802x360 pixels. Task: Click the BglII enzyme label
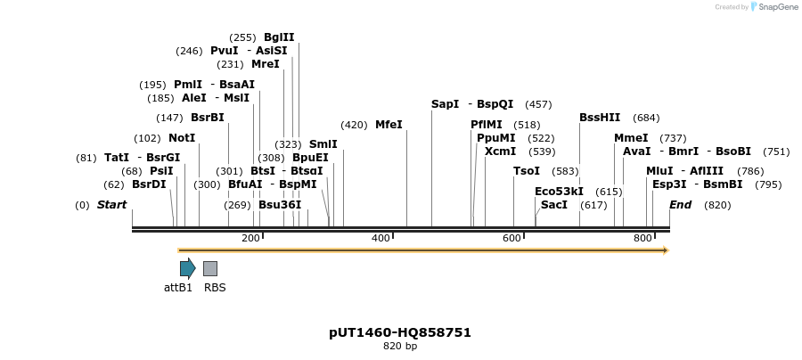click(279, 37)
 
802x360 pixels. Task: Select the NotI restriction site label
click(182, 138)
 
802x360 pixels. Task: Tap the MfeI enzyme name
click(389, 125)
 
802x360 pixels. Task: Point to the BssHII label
click(600, 118)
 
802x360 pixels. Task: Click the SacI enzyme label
click(554, 205)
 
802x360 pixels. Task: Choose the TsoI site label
click(527, 171)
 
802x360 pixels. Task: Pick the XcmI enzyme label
click(500, 151)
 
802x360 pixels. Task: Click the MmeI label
click(631, 138)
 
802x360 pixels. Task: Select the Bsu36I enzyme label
click(280, 205)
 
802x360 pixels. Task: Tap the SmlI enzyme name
click(323, 144)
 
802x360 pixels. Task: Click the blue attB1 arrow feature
click(187, 268)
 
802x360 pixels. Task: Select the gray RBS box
click(210, 268)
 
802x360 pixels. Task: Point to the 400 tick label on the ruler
click(381, 239)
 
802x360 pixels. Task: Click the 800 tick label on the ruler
click(643, 239)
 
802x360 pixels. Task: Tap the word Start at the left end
click(112, 205)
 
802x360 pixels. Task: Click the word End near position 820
click(681, 205)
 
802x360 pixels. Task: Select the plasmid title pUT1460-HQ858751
click(400, 332)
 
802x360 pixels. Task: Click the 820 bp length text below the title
click(400, 347)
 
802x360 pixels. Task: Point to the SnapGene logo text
click(778, 7)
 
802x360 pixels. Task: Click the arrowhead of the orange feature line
click(665, 250)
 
